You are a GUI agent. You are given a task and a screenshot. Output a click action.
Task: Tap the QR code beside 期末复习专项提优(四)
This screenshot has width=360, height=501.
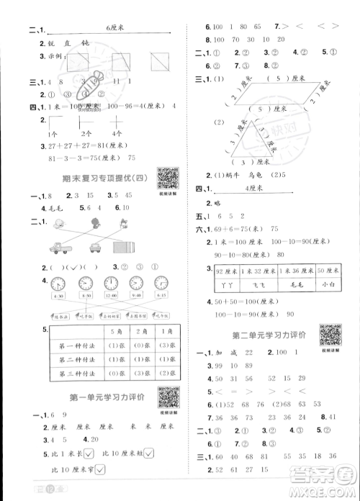click(x=168, y=177)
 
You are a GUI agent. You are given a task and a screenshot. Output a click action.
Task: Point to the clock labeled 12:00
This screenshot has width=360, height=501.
click(x=112, y=282)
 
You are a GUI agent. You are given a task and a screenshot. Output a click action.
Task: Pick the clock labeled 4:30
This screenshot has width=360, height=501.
click(x=59, y=282)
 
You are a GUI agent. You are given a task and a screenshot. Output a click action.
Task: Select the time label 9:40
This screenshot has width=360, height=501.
click(x=137, y=295)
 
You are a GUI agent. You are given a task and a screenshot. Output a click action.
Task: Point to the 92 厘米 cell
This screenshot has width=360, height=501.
click(x=227, y=270)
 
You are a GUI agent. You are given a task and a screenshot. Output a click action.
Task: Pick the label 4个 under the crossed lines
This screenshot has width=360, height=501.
click(x=117, y=135)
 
